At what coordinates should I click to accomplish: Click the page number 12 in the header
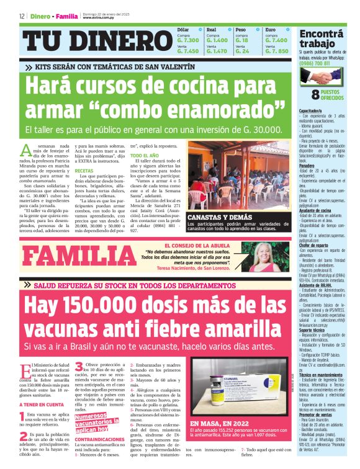coord(22,16)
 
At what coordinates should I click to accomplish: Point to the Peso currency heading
coord(241,30)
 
